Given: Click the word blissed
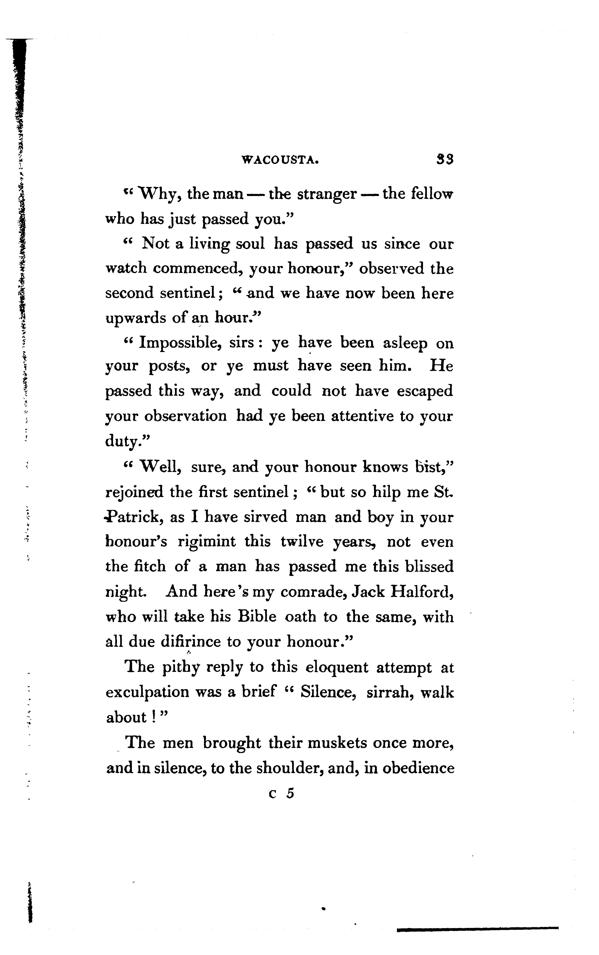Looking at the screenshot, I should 429,567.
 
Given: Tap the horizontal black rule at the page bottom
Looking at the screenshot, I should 477,928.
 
